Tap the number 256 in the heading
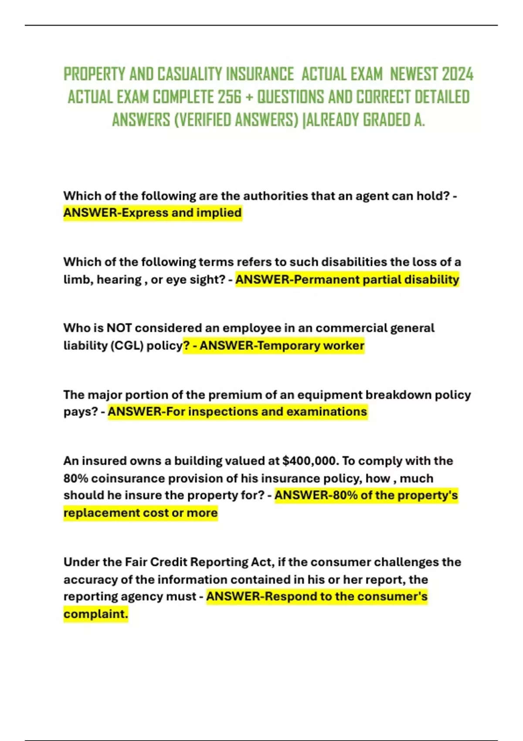point(229,97)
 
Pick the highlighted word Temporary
point(288,346)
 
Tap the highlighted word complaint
point(95,614)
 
